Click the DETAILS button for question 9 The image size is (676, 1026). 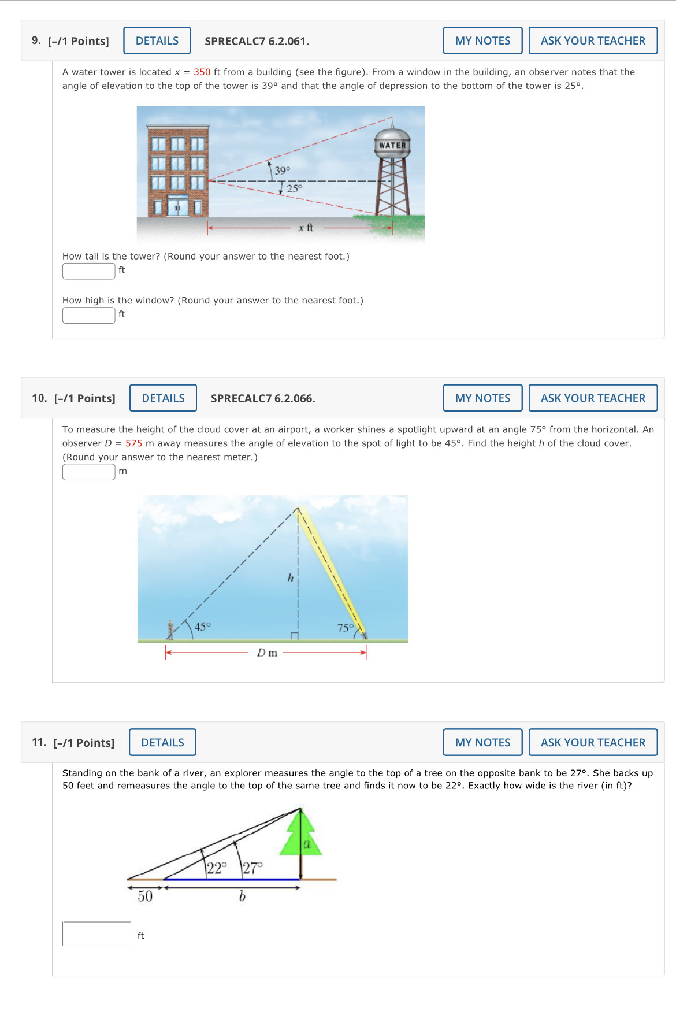tap(157, 40)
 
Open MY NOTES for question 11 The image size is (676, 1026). tap(482, 742)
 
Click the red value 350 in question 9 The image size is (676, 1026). tap(202, 72)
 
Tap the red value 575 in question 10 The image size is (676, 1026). tap(133, 443)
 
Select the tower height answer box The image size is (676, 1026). tap(88, 271)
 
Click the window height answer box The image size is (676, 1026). tap(88, 315)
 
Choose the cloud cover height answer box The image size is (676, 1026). tap(88, 472)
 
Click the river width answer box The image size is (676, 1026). tap(96, 934)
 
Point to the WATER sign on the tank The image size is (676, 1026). tap(392, 146)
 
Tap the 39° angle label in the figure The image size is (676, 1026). tap(282, 171)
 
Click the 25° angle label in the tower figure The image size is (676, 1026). tap(294, 188)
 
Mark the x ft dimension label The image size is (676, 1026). tap(306, 228)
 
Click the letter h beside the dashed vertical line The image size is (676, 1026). tap(291, 578)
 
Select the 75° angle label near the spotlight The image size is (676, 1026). tap(345, 628)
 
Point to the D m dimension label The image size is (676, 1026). tap(267, 653)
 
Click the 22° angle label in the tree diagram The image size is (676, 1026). tap(217, 868)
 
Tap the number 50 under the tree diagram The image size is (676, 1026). tap(145, 897)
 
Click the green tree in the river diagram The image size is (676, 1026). tap(300, 835)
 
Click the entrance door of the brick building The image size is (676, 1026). tap(178, 206)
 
